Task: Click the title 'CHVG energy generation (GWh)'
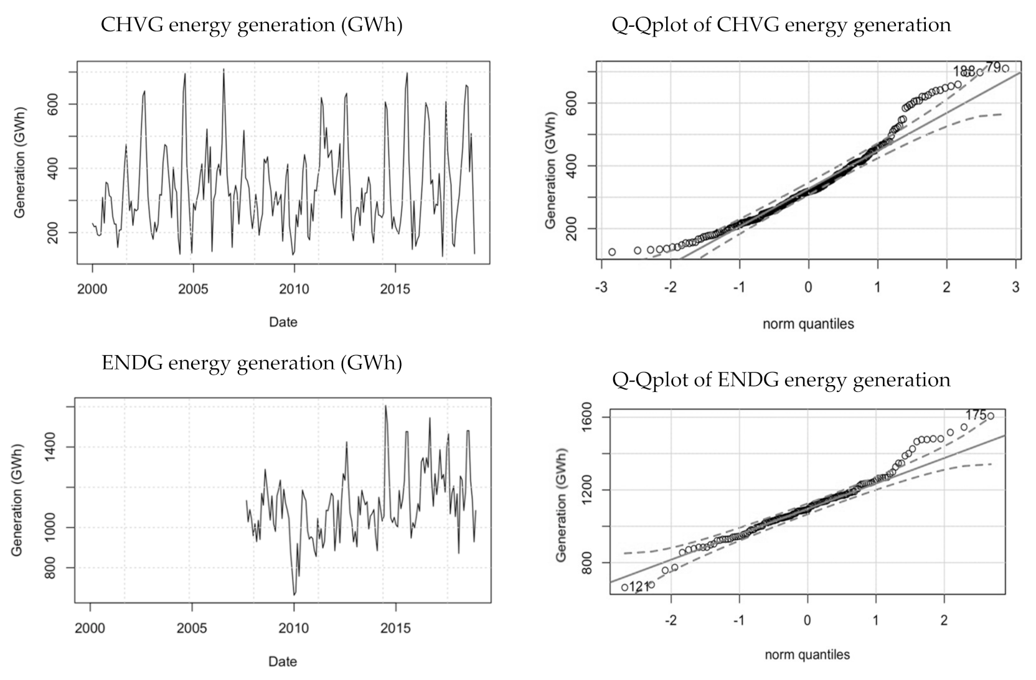[252, 26]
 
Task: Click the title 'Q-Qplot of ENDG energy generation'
[781, 380]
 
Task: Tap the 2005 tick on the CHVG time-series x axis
[193, 289]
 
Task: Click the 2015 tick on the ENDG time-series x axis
[395, 628]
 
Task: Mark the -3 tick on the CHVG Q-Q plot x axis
[601, 287]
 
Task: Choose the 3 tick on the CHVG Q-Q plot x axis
[1015, 287]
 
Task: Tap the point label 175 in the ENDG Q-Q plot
[976, 415]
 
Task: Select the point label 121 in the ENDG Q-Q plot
[639, 587]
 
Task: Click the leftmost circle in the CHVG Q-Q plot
[612, 252]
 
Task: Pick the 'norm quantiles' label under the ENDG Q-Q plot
[807, 654]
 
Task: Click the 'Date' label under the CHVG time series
[283, 322]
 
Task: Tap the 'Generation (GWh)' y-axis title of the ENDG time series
[17, 500]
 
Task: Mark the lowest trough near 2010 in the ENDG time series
[294, 595]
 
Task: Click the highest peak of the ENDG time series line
[385, 406]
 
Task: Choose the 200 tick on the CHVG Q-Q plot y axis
[568, 229]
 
